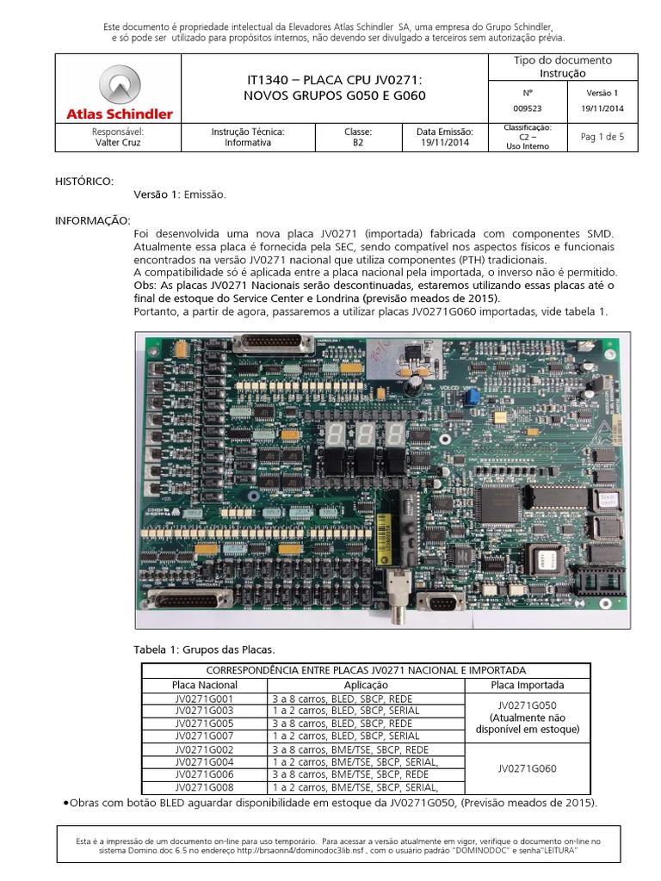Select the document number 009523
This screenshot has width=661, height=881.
coord(527,108)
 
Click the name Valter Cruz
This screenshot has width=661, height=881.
coord(117,143)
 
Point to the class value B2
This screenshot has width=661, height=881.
coord(357,143)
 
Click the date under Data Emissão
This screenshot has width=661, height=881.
coord(445,143)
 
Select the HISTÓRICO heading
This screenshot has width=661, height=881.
coord(83,182)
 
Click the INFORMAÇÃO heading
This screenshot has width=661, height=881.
coord(92,221)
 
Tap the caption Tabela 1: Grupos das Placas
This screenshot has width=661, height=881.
coord(202,648)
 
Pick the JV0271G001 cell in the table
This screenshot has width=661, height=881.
coord(203,699)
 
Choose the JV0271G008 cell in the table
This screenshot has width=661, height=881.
coord(203,786)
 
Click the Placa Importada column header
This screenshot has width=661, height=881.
coord(527,685)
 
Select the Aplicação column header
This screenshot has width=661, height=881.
coord(366,685)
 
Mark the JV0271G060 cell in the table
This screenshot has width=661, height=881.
coord(527,767)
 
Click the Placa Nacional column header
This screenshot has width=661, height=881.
coord(203,685)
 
